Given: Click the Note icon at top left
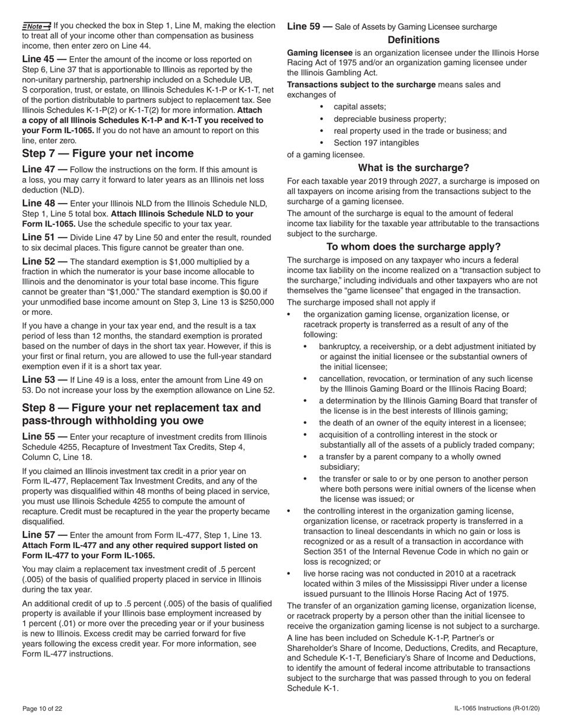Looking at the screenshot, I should click(x=37, y=26).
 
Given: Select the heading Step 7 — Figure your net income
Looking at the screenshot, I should click(x=108, y=154).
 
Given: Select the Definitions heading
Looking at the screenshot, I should click(x=414, y=40).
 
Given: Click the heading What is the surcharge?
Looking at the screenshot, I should click(x=414, y=167).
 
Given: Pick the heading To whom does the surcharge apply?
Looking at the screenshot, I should click(x=414, y=247).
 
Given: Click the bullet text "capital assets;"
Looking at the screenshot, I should click(x=360, y=107).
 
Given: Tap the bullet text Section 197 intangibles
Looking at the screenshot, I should click(x=376, y=143).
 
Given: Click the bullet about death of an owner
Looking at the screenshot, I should click(x=422, y=423).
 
